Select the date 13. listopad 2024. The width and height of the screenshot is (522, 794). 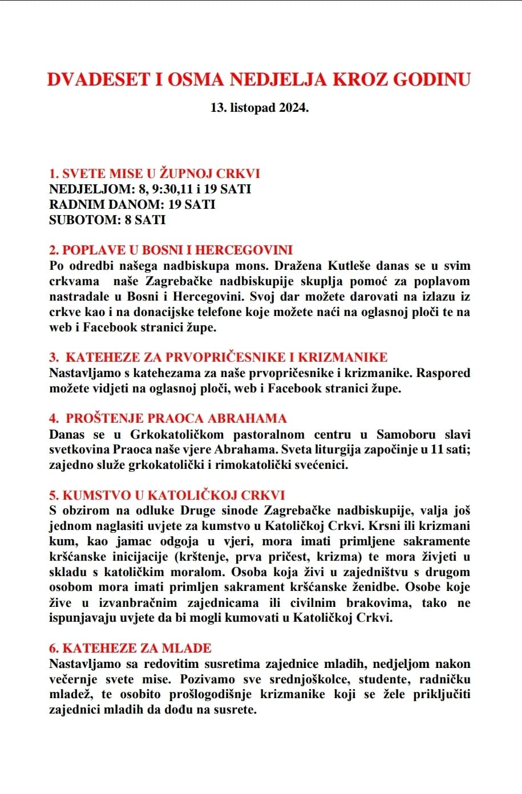point(260,107)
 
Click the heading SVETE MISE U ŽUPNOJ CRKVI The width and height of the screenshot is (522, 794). point(155,173)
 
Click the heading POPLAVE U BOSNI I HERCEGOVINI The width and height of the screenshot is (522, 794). point(171,250)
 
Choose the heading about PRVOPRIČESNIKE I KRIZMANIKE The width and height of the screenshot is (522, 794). point(218,357)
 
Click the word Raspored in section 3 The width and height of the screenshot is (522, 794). point(443,373)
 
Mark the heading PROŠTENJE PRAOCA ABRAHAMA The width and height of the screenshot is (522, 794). point(168,418)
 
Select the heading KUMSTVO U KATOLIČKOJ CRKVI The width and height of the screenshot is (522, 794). point(167,495)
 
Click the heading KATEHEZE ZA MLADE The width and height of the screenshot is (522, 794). point(130,648)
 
